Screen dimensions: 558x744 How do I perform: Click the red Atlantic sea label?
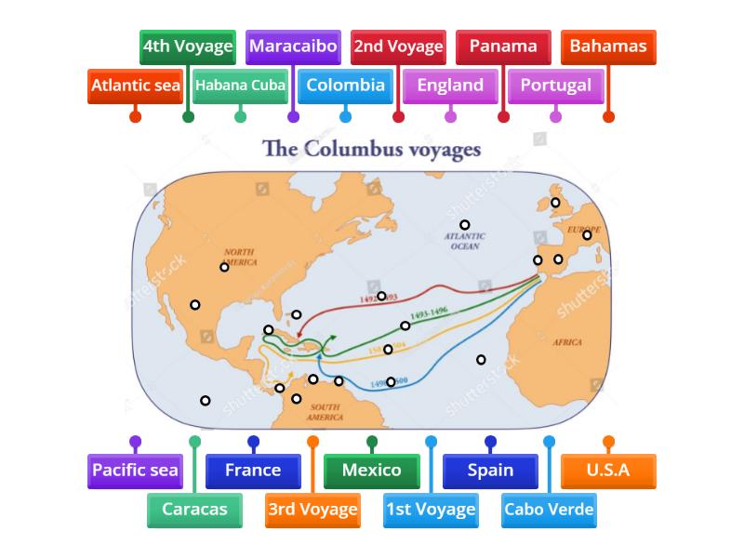[x=136, y=86]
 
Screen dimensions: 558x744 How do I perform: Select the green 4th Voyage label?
[x=188, y=46]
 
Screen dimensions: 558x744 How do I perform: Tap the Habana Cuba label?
[x=241, y=86]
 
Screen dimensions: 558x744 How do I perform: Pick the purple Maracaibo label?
[x=293, y=46]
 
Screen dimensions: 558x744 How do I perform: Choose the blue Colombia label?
[x=346, y=86]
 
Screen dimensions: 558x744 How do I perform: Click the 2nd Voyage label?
[x=398, y=46]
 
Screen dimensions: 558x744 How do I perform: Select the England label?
[x=451, y=86]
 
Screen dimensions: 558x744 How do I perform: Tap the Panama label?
[x=503, y=46]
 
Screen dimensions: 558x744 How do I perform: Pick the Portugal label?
[x=556, y=86]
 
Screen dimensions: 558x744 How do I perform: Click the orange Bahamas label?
[x=608, y=46]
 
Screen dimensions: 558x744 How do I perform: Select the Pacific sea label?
[x=136, y=471]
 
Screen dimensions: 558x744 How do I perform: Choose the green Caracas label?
[x=194, y=510]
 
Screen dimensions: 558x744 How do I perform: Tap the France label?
[x=253, y=471]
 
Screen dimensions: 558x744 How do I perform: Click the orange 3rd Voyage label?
[x=312, y=510]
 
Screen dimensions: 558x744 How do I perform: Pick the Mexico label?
[x=372, y=471]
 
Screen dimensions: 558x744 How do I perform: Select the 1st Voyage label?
[x=431, y=510]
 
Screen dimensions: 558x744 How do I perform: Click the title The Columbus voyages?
[x=372, y=149]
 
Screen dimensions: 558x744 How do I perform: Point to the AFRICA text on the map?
[x=567, y=342]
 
